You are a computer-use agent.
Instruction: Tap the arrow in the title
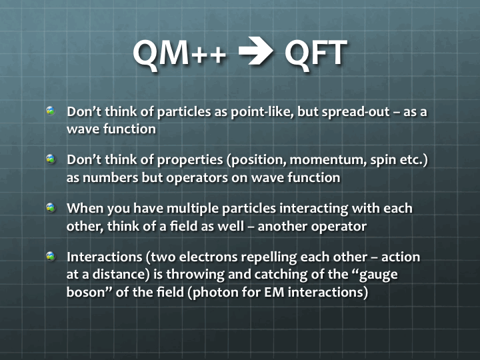tap(255, 51)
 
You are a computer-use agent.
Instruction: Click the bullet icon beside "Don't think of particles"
tap(51, 111)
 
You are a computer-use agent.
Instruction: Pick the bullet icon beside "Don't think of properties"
tap(51, 159)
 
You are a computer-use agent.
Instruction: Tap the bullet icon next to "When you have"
tap(51, 207)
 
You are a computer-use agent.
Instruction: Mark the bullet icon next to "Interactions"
tap(51, 256)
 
